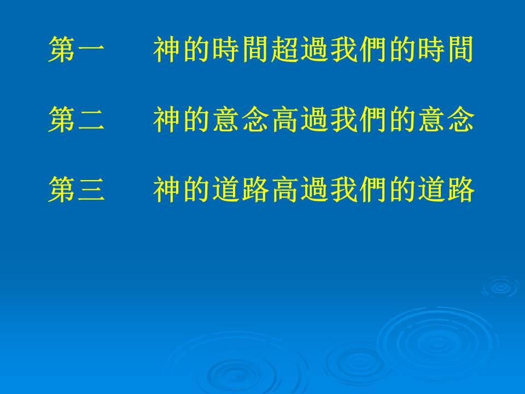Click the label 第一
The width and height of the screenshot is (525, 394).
tap(77, 50)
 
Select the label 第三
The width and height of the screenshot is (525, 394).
tap(77, 190)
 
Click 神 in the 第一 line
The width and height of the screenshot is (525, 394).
tap(167, 50)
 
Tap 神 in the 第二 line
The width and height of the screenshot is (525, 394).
tap(167, 120)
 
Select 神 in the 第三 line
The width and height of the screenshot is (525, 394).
tap(167, 190)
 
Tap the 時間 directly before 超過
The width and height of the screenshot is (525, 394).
tap(241, 50)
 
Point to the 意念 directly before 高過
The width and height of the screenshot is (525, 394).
tap(241, 120)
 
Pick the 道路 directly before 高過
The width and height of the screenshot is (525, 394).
tap(241, 190)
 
